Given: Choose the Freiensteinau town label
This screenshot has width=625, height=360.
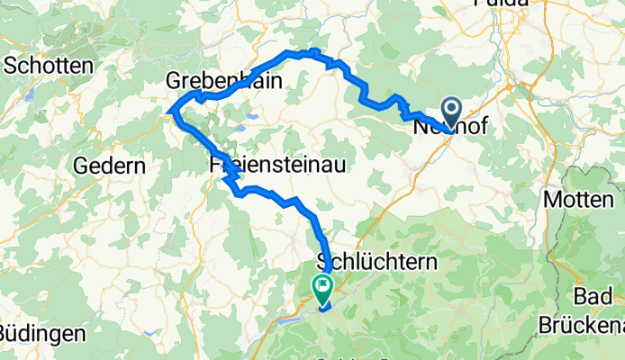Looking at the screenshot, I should point(272,166).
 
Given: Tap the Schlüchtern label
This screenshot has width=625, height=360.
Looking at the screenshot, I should point(377,263).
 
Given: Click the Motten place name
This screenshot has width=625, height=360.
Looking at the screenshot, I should point(577,198).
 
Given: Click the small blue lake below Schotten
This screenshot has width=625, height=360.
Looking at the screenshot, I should point(31,92).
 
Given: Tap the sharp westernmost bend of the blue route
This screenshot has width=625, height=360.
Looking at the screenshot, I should point(169,112).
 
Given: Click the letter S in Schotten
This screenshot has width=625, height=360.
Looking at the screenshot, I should point(12,65).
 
